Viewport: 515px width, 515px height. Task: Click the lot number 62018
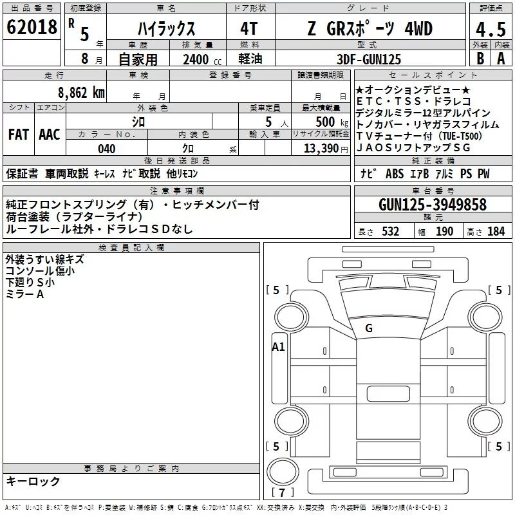coord(32,27)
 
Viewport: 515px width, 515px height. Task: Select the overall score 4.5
coord(491,30)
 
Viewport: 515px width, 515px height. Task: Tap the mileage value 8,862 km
coord(81,93)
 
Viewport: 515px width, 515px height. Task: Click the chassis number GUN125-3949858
coord(432,204)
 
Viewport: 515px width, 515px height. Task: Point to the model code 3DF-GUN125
coord(369,59)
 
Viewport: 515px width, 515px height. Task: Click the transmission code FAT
coord(19,135)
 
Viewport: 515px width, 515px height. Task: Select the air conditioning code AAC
coord(50,135)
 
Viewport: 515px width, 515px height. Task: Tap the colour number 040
coord(107,149)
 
